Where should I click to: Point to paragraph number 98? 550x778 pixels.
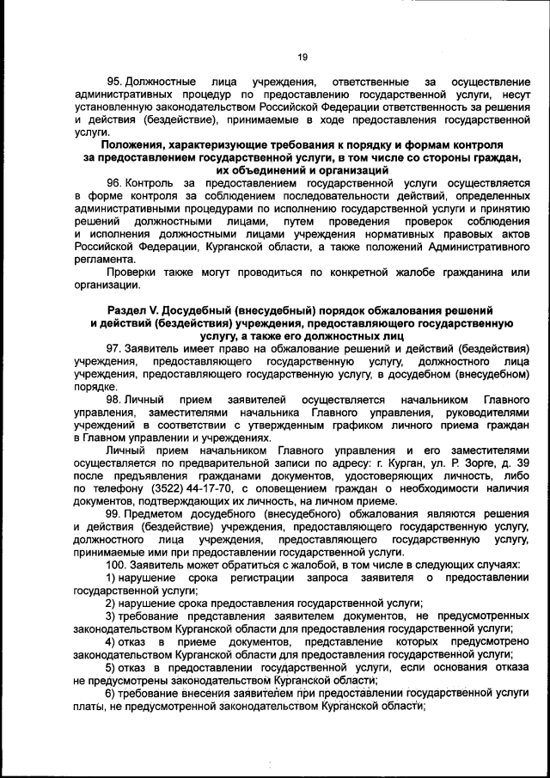click(x=114, y=400)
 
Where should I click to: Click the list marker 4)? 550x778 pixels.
click(x=110, y=642)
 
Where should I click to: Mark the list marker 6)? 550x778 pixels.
click(x=110, y=694)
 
